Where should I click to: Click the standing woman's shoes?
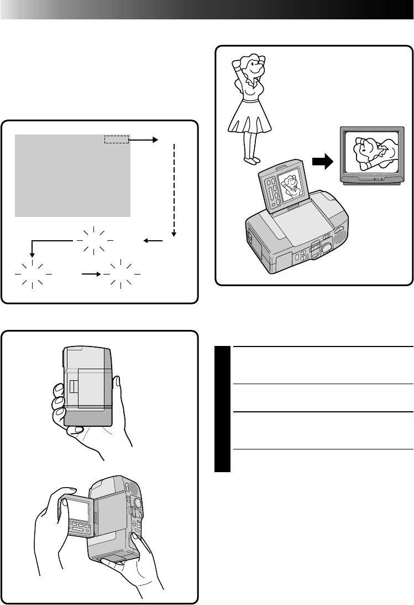[x=252, y=161]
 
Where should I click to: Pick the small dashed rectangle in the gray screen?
[x=116, y=141]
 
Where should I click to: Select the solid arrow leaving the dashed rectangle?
[x=144, y=141]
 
